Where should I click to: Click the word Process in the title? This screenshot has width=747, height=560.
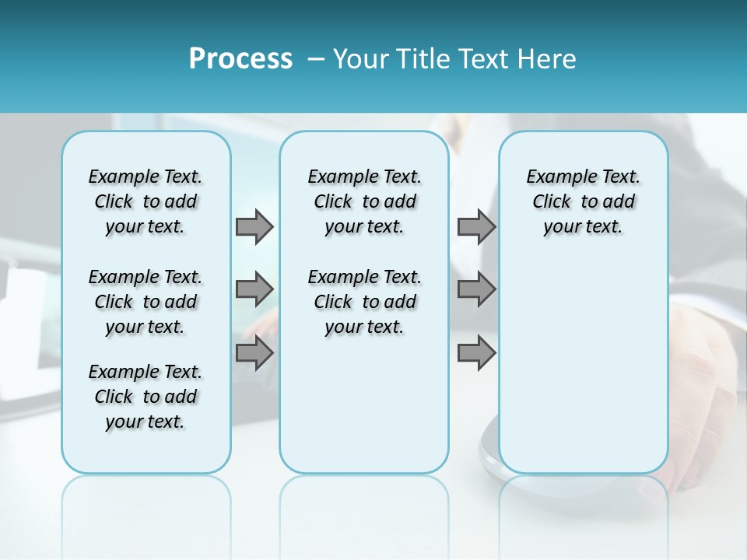(240, 59)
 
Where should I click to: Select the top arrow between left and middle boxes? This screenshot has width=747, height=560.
(254, 226)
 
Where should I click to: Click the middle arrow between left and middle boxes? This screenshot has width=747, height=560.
(254, 289)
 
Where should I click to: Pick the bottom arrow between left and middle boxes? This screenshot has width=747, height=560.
(254, 353)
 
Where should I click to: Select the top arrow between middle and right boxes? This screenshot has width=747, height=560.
(476, 226)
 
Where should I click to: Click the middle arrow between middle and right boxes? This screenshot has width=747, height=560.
(476, 289)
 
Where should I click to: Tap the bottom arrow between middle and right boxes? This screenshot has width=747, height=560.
(476, 353)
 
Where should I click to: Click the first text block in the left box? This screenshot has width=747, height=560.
(146, 201)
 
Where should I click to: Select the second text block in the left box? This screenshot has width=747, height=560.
(146, 302)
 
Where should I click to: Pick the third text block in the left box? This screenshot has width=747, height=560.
(146, 397)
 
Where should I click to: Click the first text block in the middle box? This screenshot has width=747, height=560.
(364, 201)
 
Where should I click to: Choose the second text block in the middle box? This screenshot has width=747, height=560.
(364, 302)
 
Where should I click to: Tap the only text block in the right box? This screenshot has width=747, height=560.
(583, 201)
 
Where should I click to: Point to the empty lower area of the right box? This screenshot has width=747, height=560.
(583, 366)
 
